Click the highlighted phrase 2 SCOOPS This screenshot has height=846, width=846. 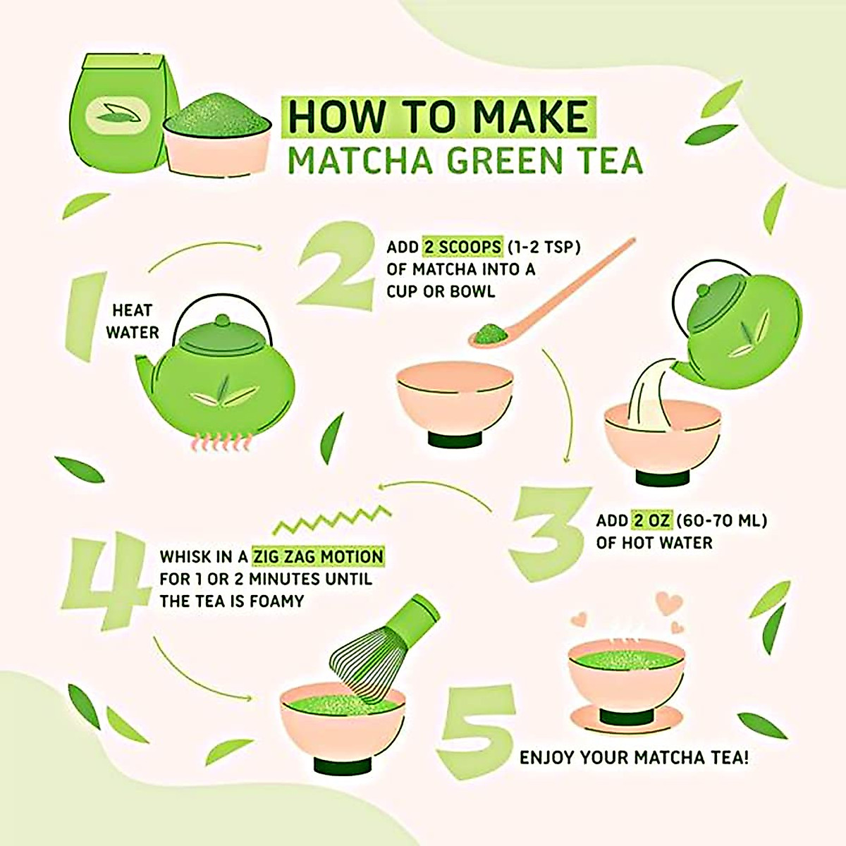462,247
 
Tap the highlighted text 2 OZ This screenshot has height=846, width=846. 651,521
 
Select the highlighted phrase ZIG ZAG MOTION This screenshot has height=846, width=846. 318,557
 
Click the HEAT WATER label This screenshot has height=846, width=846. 132,321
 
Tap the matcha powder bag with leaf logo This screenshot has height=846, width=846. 124,114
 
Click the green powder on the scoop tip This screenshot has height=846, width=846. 491,335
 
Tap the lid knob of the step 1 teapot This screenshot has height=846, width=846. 223,320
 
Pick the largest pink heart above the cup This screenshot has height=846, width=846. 669,604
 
